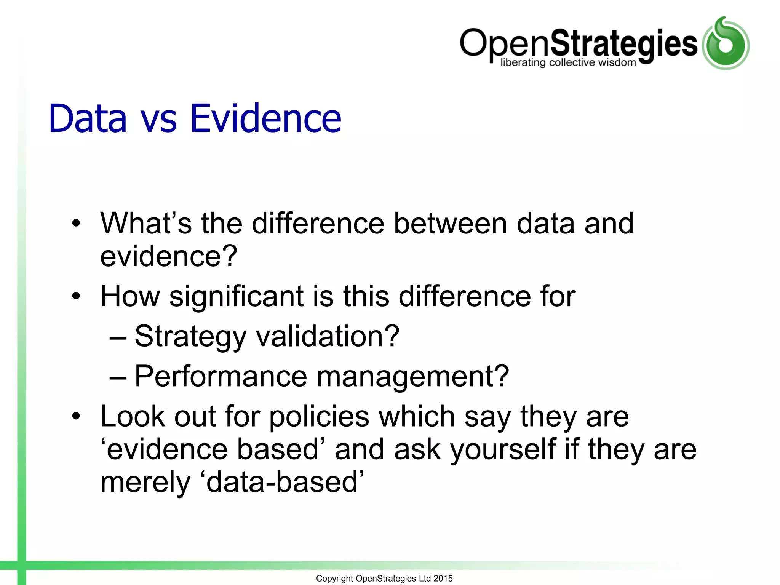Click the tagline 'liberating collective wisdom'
pyautogui.click(x=568, y=62)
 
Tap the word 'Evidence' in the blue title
pyautogui.click(x=265, y=119)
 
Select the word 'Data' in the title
pyautogui.click(x=88, y=119)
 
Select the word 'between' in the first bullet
pyautogui.click(x=450, y=224)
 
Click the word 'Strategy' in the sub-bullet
pyautogui.click(x=190, y=337)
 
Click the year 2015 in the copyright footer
pyautogui.click(x=443, y=579)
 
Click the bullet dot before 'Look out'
pyautogui.click(x=77, y=417)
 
